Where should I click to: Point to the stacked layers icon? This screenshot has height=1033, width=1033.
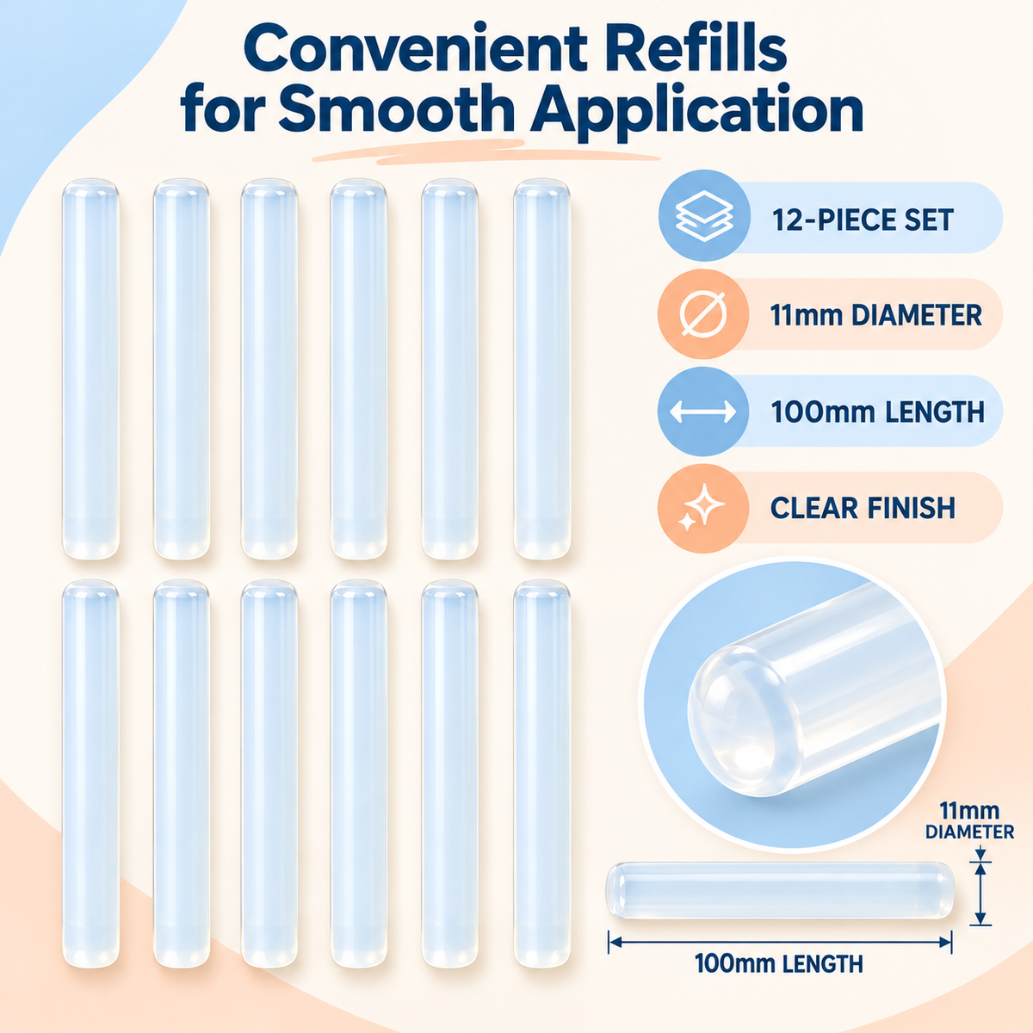[x=704, y=217]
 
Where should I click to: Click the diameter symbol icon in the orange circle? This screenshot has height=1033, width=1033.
[x=703, y=314]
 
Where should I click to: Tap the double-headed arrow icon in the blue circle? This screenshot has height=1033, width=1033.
[x=702, y=411]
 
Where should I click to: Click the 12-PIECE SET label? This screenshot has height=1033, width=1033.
[x=863, y=220]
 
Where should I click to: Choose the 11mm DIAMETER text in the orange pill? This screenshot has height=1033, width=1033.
[x=876, y=315]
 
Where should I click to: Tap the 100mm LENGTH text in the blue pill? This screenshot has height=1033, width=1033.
[x=877, y=411]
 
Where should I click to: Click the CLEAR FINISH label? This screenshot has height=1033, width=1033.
[x=863, y=508]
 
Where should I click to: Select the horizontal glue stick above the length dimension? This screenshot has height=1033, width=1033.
[x=779, y=890]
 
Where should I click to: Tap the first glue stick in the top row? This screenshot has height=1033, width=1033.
[x=90, y=368]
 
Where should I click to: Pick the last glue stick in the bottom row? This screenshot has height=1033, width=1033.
[x=541, y=773]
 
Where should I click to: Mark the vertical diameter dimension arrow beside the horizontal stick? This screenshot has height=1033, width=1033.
[x=980, y=892]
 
